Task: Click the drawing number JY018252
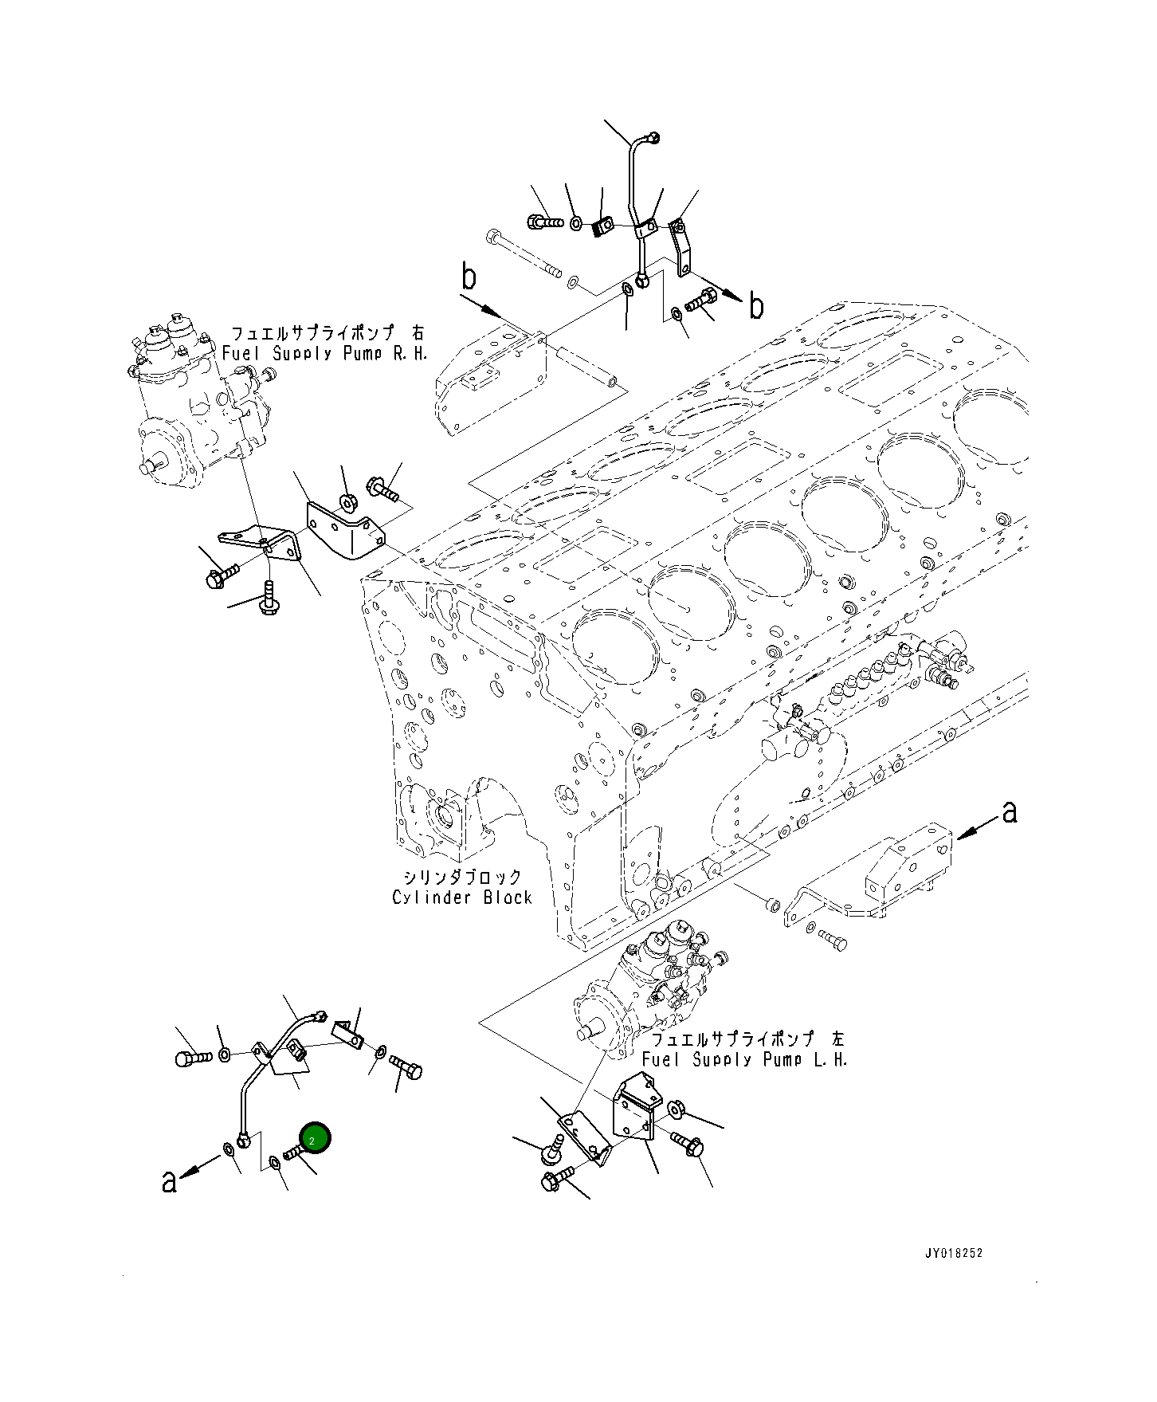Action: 953,1253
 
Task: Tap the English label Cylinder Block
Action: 462,897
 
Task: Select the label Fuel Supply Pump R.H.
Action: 325,353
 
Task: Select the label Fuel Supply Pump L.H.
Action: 745,1059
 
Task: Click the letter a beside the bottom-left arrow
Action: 168,1181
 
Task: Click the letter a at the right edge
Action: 1010,813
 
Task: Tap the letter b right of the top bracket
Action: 756,305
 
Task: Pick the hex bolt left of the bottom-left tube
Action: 191,1058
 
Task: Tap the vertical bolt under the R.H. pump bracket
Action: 269,599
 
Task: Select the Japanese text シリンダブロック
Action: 462,877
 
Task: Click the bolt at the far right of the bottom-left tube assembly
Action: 408,1068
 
